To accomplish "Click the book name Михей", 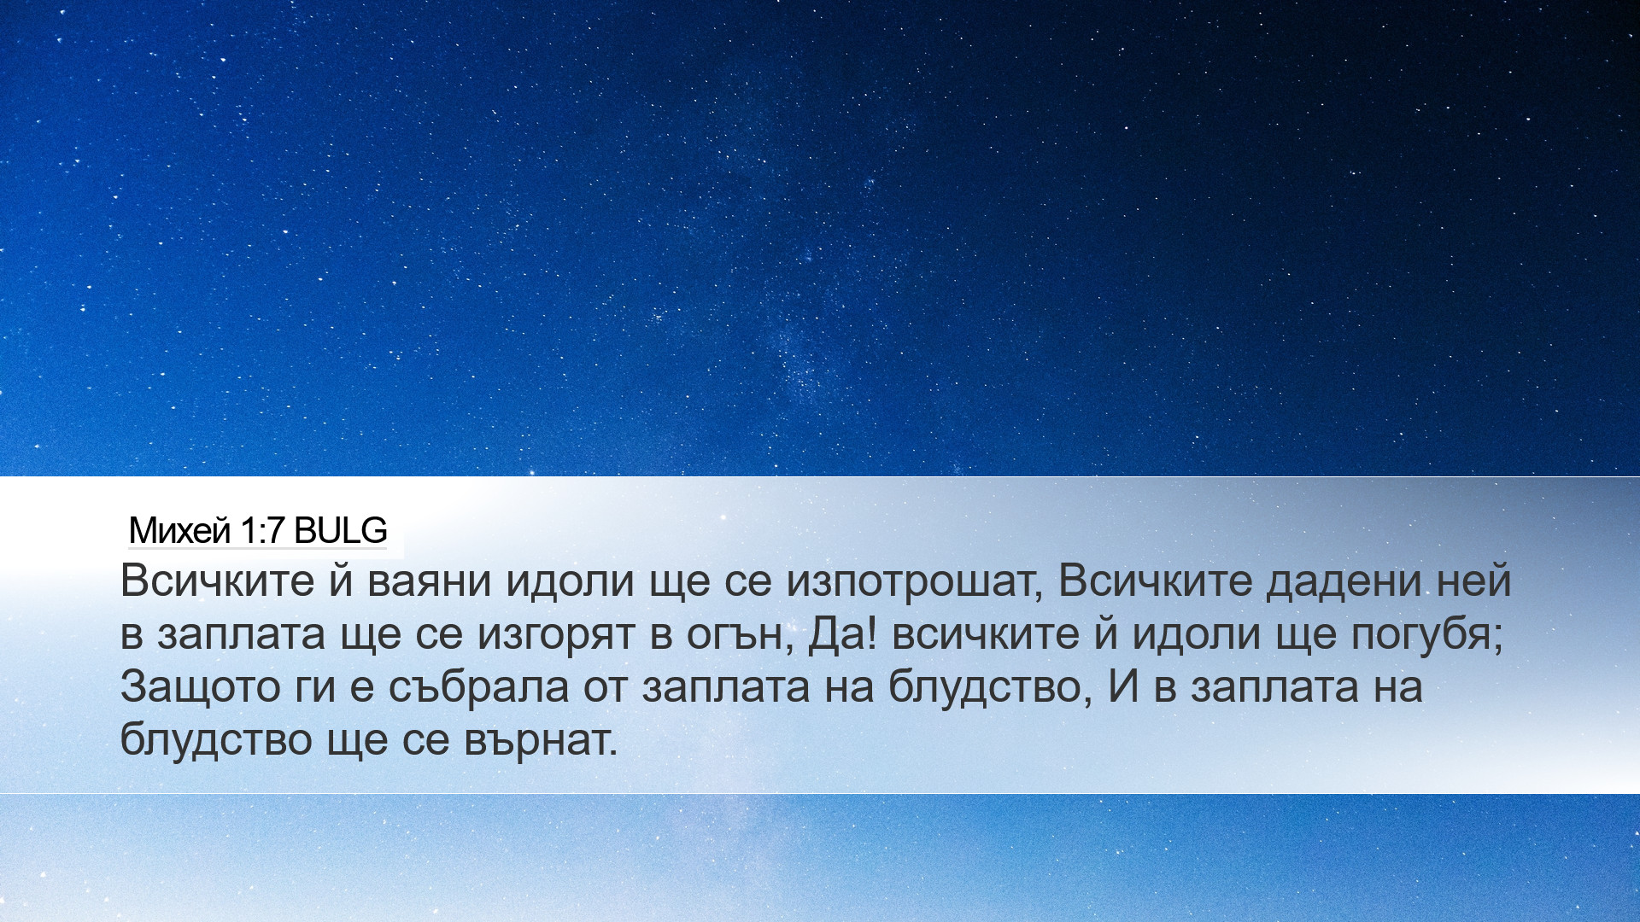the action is click(x=179, y=531).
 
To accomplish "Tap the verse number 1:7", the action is click(x=262, y=531).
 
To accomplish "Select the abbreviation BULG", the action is click(x=341, y=531).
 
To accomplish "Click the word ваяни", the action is click(x=430, y=581).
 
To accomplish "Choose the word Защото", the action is click(x=200, y=687).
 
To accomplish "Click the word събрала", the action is click(x=478, y=686).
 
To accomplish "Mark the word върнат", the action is click(x=541, y=740).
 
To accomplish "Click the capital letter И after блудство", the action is click(x=1123, y=686).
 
